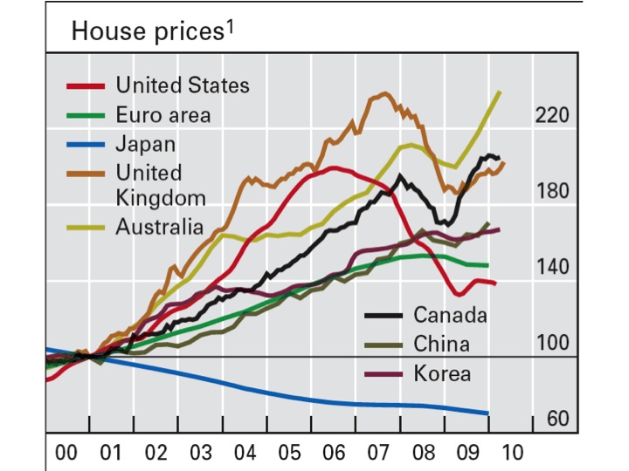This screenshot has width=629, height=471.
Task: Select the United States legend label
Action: pos(182,85)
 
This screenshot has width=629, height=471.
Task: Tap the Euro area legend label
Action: pos(162,114)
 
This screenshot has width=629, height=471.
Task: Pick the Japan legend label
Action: pos(146,143)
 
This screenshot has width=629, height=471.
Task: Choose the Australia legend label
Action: pos(159,228)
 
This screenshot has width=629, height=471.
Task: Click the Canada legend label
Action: pos(450,314)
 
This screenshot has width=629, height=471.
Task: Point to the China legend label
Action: pos(441,344)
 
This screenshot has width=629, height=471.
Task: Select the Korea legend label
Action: pos(442,373)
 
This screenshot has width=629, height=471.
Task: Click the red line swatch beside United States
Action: pos(87,85)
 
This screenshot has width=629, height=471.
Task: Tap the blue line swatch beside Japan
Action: pos(87,143)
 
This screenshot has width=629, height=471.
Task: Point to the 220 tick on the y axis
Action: pos(552,115)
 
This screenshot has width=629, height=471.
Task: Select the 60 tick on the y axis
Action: pos(557,420)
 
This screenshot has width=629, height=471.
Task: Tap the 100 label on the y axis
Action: pos(552,343)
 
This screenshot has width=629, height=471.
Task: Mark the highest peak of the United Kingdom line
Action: pos(382,93)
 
